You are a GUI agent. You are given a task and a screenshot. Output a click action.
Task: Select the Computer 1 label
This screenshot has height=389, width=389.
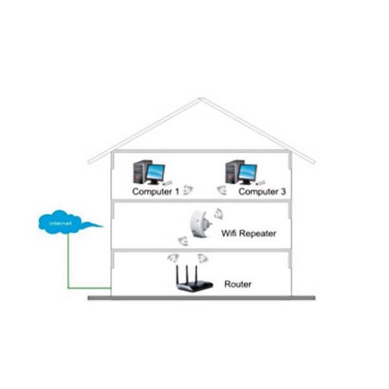pos(155,192)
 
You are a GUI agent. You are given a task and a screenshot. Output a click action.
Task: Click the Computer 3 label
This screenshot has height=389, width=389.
pos(263,192)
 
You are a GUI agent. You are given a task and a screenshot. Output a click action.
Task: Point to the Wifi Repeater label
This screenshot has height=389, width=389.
pos(248,233)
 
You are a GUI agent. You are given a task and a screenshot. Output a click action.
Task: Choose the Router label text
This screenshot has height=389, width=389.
pos(237,284)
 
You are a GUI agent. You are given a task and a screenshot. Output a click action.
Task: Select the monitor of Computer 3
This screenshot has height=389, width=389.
pos(247,172)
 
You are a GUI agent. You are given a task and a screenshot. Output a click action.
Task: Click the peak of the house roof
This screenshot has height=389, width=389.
pos(201,99)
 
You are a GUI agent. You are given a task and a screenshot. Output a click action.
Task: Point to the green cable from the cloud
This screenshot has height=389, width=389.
pos(68,266)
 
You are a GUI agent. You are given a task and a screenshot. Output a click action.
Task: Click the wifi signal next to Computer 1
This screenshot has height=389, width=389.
pos(187,190)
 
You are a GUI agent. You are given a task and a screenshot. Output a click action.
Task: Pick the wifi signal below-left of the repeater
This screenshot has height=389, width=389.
pos(183,242)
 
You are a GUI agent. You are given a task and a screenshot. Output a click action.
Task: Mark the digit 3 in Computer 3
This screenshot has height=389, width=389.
pos(283,192)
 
